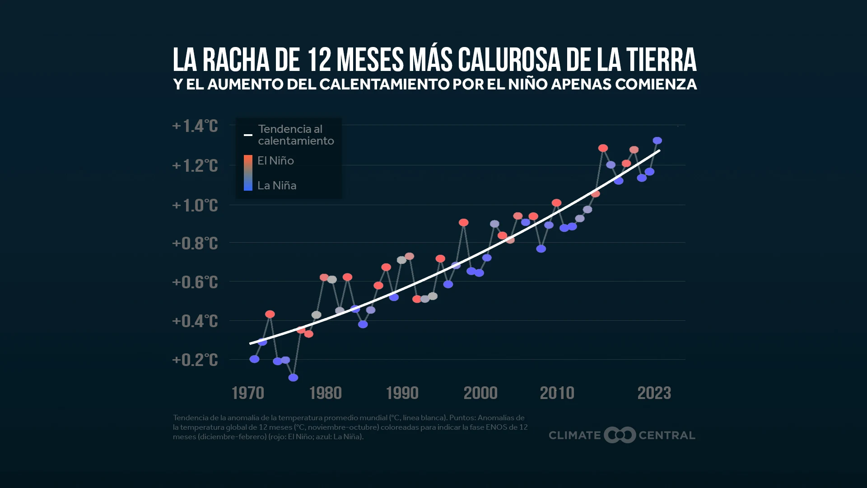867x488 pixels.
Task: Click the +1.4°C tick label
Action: point(195,126)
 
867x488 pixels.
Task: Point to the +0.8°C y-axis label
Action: point(195,244)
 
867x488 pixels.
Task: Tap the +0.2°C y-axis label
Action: point(195,360)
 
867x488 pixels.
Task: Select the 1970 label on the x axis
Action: point(247,393)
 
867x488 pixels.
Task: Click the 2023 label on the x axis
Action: point(654,393)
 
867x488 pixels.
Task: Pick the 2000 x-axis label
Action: point(480,393)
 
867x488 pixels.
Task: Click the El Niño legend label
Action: point(275,161)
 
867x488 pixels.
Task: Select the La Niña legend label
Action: point(277,185)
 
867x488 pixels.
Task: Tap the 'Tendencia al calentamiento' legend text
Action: point(296,135)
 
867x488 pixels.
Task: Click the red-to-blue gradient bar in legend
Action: point(248,173)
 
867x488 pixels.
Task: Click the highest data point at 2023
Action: point(657,141)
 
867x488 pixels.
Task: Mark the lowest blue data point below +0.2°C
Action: point(293,377)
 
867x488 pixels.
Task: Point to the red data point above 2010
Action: point(556,203)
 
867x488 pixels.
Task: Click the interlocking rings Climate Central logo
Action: point(620,435)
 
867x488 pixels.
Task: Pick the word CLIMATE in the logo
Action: point(574,435)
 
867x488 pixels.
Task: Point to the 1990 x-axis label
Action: point(402,393)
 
